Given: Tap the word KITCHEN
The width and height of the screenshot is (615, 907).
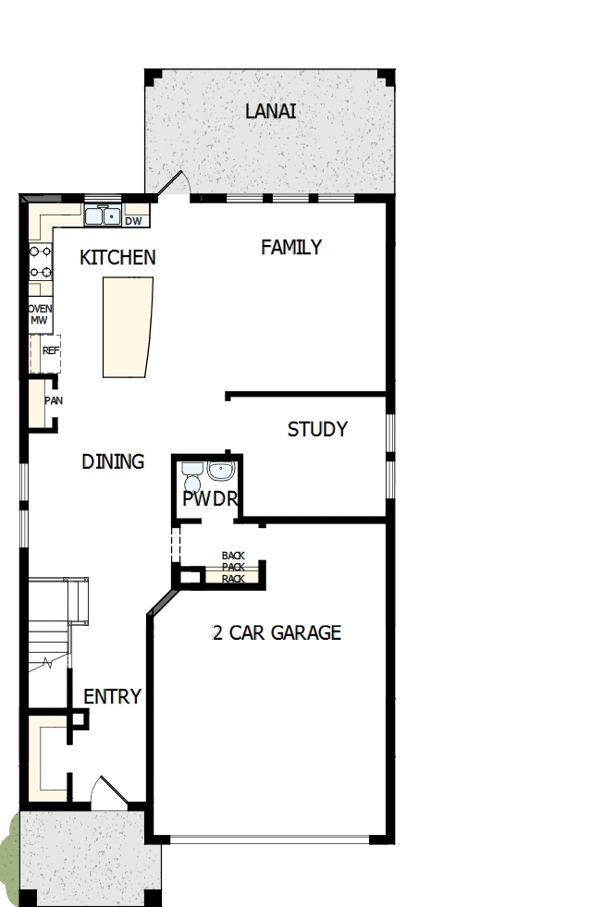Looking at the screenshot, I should pos(117,258).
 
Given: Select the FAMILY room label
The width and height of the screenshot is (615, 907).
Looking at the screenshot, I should pos(291,248).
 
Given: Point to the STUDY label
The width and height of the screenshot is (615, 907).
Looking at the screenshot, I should pos(317,430).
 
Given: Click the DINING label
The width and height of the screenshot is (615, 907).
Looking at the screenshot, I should pos(113,461).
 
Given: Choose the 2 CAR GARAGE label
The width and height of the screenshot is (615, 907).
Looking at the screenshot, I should pos(277,633).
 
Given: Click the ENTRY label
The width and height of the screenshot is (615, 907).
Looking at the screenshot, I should pos(113,697).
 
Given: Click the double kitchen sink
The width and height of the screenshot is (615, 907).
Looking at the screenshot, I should pos(103,217).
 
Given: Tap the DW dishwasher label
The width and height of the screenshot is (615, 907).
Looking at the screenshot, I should pos(134,221).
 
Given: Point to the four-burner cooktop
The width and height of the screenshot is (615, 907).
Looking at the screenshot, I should pos(40,261).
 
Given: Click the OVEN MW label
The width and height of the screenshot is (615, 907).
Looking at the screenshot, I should pos(40,314).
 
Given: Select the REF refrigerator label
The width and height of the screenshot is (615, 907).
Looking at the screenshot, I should pos(50,351).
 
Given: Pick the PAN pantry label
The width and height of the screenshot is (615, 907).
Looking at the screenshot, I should pos(53,401).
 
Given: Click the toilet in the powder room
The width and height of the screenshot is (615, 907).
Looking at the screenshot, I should pos(191,478).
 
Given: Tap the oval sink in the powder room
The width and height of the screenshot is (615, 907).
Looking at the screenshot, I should pos(221,472).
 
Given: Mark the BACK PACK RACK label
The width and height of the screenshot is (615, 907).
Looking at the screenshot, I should pos(233,568).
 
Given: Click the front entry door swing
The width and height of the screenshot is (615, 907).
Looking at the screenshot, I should pos(109,794).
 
